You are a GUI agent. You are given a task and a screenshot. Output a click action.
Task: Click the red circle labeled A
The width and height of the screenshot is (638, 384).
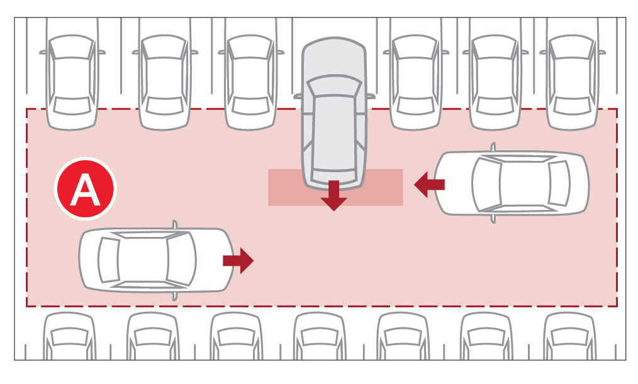86,189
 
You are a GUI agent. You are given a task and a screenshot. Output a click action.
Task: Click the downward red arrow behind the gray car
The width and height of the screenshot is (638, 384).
333,195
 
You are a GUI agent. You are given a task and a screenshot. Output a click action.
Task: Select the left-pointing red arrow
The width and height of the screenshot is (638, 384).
429,185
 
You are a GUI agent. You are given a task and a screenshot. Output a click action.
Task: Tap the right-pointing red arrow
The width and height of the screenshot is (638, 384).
238,260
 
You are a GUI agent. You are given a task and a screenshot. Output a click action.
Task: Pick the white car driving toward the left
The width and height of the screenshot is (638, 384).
512,183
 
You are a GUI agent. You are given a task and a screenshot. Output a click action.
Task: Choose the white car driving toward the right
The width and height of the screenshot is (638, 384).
157,260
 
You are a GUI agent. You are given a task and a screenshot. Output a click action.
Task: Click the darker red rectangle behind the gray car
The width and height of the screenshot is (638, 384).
335,187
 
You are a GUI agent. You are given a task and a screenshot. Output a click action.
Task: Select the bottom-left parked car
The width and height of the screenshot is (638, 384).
69,336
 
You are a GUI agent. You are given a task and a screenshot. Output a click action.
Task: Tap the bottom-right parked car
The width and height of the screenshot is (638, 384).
570,336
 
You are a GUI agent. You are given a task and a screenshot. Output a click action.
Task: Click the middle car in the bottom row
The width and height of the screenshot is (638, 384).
320,336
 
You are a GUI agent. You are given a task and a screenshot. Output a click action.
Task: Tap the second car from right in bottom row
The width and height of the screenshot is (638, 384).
486,336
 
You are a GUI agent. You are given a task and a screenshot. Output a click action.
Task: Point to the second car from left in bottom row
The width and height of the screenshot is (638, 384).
153,336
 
